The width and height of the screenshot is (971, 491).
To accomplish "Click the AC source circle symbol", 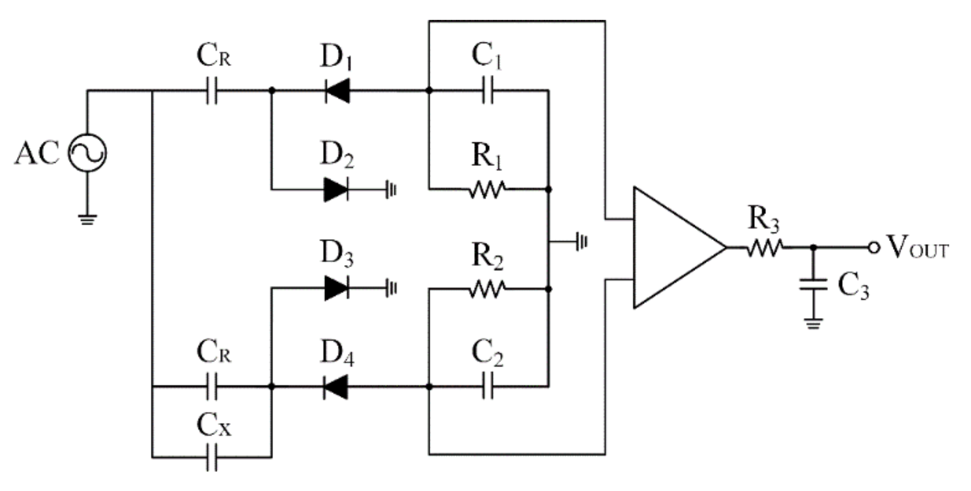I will tap(87, 153).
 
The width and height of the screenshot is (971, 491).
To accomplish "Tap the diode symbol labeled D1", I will tap(337, 91).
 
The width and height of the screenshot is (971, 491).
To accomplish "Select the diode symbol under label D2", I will tap(336, 189).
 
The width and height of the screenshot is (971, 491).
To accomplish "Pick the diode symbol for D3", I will tap(336, 288).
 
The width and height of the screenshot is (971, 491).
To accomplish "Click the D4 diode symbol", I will tap(336, 386).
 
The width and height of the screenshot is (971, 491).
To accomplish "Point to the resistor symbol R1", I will tap(487, 189).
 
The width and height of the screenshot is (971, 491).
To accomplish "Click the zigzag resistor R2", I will tap(487, 289).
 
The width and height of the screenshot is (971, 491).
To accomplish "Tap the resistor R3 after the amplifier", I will tap(764, 248).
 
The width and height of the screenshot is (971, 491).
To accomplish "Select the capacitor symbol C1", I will tap(487, 91).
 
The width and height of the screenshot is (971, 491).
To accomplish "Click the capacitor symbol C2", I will tap(487, 386).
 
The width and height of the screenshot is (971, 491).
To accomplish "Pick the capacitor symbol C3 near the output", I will tap(813, 284).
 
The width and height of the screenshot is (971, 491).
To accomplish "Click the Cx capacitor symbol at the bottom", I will tap(211, 457).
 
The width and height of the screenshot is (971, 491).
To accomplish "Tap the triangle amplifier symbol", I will tap(672, 248).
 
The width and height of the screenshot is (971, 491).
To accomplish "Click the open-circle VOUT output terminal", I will tap(874, 248).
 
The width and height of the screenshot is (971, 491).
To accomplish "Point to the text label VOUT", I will tap(917, 248).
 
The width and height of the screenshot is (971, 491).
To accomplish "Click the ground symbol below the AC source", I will tap(87, 219).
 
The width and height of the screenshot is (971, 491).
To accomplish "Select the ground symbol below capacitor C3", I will tap(813, 323).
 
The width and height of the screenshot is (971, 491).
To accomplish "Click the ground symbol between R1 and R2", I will tap(581, 242).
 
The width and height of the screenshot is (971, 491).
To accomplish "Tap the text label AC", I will tap(37, 153).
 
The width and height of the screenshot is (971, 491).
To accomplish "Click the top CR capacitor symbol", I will tap(211, 91).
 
